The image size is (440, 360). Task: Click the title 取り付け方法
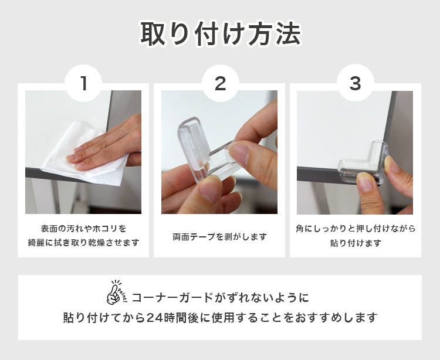pos(221,33)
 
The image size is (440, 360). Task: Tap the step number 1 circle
pos(83,83)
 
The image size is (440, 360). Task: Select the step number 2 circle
pos(220,83)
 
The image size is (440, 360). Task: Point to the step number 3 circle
pos(356,83)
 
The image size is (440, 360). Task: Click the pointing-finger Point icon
pos(117,293)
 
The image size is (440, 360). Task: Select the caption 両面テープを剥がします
pos(219,237)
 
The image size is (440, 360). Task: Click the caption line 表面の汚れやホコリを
pos(83,229)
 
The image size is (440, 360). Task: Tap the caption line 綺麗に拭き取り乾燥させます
pos(83,243)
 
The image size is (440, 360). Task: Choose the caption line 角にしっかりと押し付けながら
pos(356,229)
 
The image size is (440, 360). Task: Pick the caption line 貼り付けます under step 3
pos(356,243)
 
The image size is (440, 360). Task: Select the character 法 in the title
pos(288,33)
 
